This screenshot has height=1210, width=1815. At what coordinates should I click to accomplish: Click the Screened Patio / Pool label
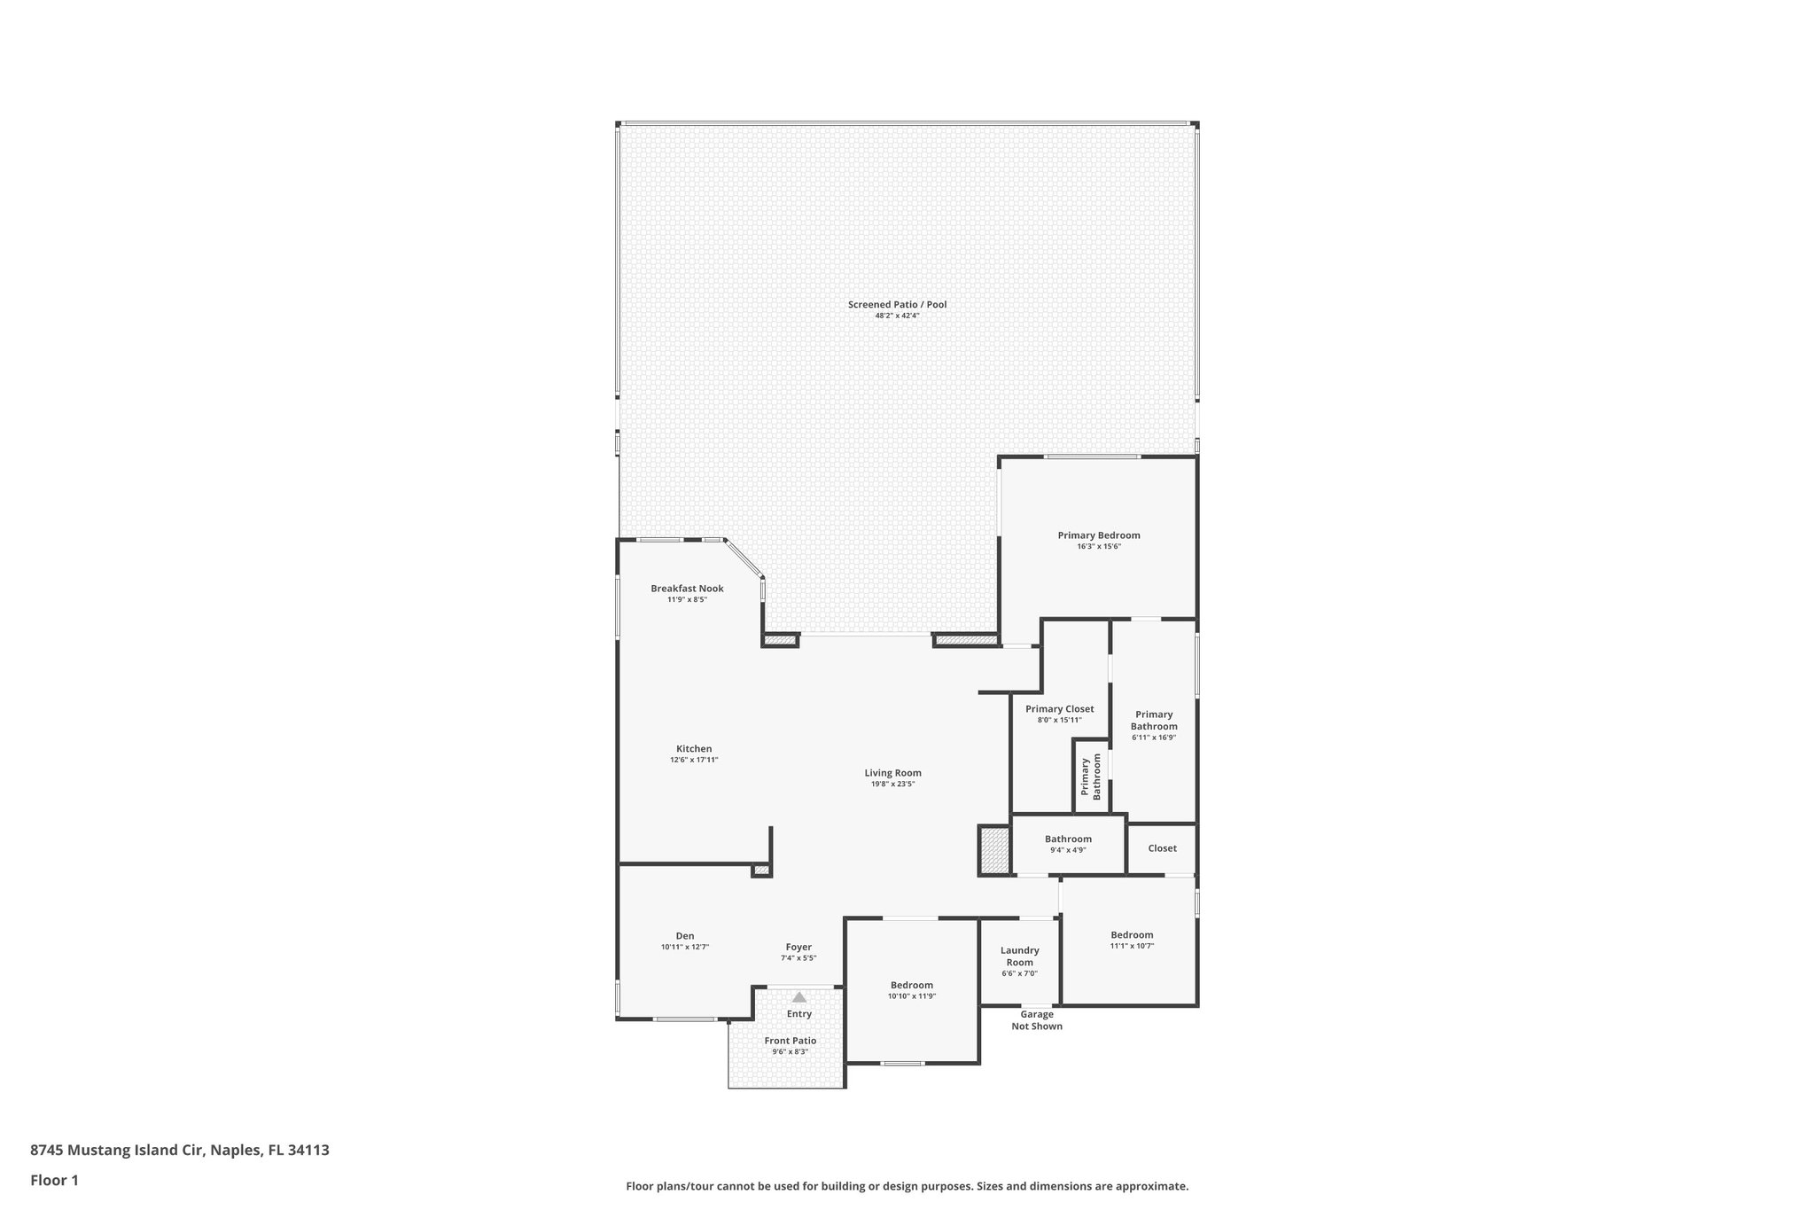[897, 304]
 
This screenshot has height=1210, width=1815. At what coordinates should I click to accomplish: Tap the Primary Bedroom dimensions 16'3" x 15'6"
[1098, 547]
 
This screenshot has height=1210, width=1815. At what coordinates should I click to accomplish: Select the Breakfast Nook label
[687, 589]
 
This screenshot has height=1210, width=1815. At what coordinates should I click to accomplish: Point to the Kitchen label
[694, 749]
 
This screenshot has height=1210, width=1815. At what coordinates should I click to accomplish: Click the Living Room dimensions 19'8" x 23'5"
[892, 784]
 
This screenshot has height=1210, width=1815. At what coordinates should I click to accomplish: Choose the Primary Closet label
[1059, 709]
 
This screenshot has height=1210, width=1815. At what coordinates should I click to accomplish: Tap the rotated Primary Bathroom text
[1090, 777]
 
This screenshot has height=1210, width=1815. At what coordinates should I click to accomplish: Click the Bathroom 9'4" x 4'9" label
[1068, 839]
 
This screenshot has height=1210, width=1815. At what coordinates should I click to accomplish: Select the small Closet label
[1162, 848]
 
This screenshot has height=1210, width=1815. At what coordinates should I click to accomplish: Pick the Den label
[685, 936]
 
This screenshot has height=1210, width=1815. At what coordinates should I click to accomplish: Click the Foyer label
[798, 948]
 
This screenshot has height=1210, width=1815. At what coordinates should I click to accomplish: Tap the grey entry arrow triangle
[799, 997]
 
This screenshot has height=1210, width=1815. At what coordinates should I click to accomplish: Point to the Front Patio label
[791, 1041]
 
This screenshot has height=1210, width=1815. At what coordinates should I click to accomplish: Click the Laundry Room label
[1019, 956]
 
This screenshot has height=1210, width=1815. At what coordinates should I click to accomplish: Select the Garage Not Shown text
[1037, 1020]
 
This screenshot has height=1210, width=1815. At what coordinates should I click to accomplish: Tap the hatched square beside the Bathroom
[994, 850]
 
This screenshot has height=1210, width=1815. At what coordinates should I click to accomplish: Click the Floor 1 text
[55, 1181]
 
